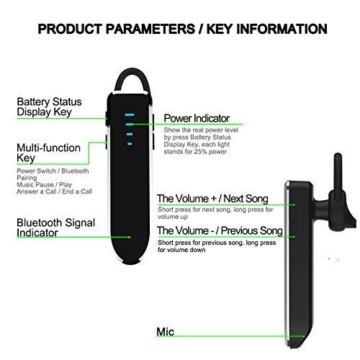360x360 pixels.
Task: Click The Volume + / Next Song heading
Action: pos(212,199)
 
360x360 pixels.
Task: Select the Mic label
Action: pos(166,332)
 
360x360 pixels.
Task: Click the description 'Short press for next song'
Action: pos(189,209)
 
